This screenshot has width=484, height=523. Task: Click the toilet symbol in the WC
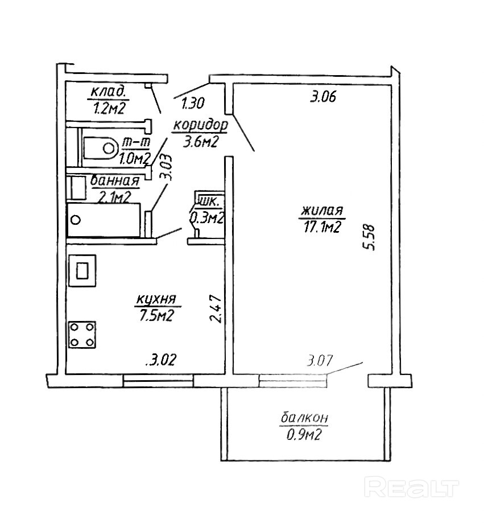pyautogui.click(x=101, y=148)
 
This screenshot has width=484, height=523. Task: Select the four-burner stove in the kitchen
pyautogui.click(x=82, y=334)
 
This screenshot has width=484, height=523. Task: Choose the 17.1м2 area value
pyautogui.click(x=322, y=228)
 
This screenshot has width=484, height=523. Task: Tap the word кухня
pyautogui.click(x=156, y=299)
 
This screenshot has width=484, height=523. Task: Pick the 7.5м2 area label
pyautogui.click(x=156, y=315)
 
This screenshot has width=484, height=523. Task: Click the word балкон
pyautogui.click(x=304, y=418)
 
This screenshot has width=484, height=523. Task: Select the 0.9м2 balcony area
pyautogui.click(x=304, y=435)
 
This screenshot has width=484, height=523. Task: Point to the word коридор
pyautogui.click(x=200, y=125)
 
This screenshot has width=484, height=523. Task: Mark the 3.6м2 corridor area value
pyautogui.click(x=200, y=142)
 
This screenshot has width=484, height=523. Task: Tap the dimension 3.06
pyautogui.click(x=324, y=97)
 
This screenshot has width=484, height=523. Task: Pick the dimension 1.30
pyautogui.click(x=193, y=104)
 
